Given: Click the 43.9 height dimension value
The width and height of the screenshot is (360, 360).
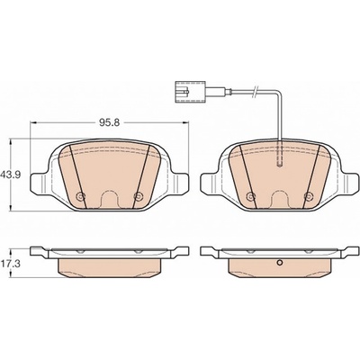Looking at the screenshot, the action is [x=11, y=175].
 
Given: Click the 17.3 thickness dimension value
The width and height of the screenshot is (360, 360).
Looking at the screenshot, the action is [x=11, y=265].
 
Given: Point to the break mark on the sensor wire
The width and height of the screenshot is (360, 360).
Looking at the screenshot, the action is [x=255, y=91].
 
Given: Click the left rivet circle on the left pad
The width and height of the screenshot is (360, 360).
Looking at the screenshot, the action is [x=80, y=196].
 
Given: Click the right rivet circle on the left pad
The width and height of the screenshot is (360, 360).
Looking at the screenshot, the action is [x=138, y=196].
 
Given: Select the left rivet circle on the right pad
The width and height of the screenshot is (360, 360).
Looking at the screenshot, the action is [x=250, y=196].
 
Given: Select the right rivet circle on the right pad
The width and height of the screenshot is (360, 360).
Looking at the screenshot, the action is [x=308, y=196].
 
